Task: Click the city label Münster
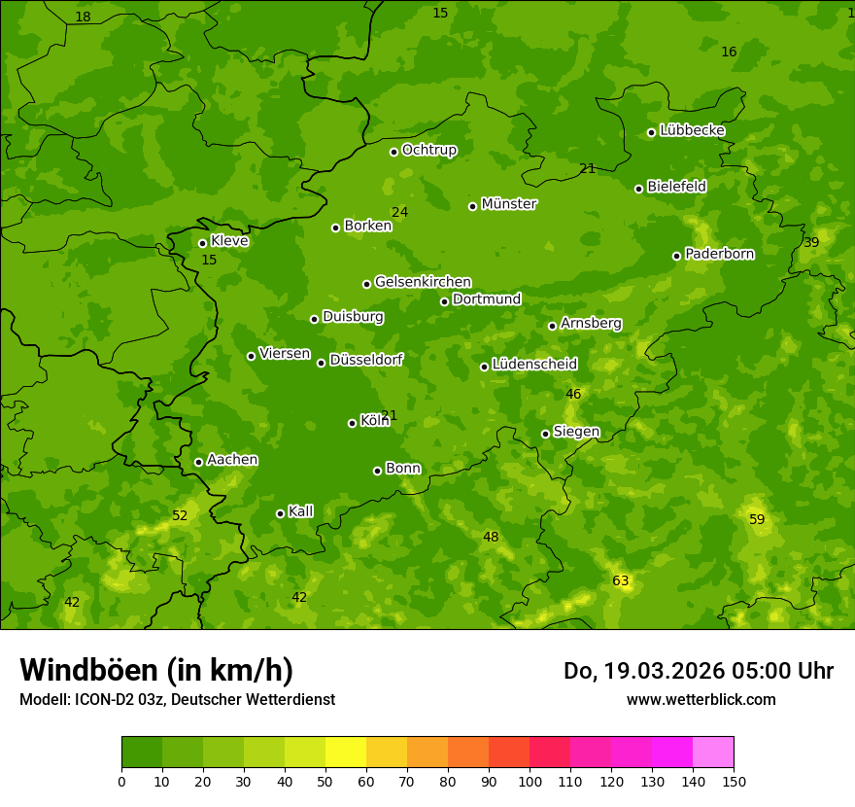point(508,204)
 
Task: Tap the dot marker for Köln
point(352,423)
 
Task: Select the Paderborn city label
point(719,254)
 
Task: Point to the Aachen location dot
point(198,462)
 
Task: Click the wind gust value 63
point(621,581)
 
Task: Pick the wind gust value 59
point(757,520)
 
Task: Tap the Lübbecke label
point(692,130)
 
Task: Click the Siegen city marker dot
point(545,434)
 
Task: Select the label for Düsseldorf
point(365,360)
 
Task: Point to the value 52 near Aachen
point(180,516)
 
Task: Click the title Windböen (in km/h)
point(156,670)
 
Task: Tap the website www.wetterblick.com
point(701,699)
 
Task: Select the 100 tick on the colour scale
point(530,781)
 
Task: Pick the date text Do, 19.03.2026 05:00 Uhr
point(698,671)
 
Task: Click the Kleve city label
point(229,241)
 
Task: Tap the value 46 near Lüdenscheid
point(573,395)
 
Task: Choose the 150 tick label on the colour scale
point(733,781)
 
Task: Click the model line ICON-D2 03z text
point(177,699)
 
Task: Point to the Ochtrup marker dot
point(393,152)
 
